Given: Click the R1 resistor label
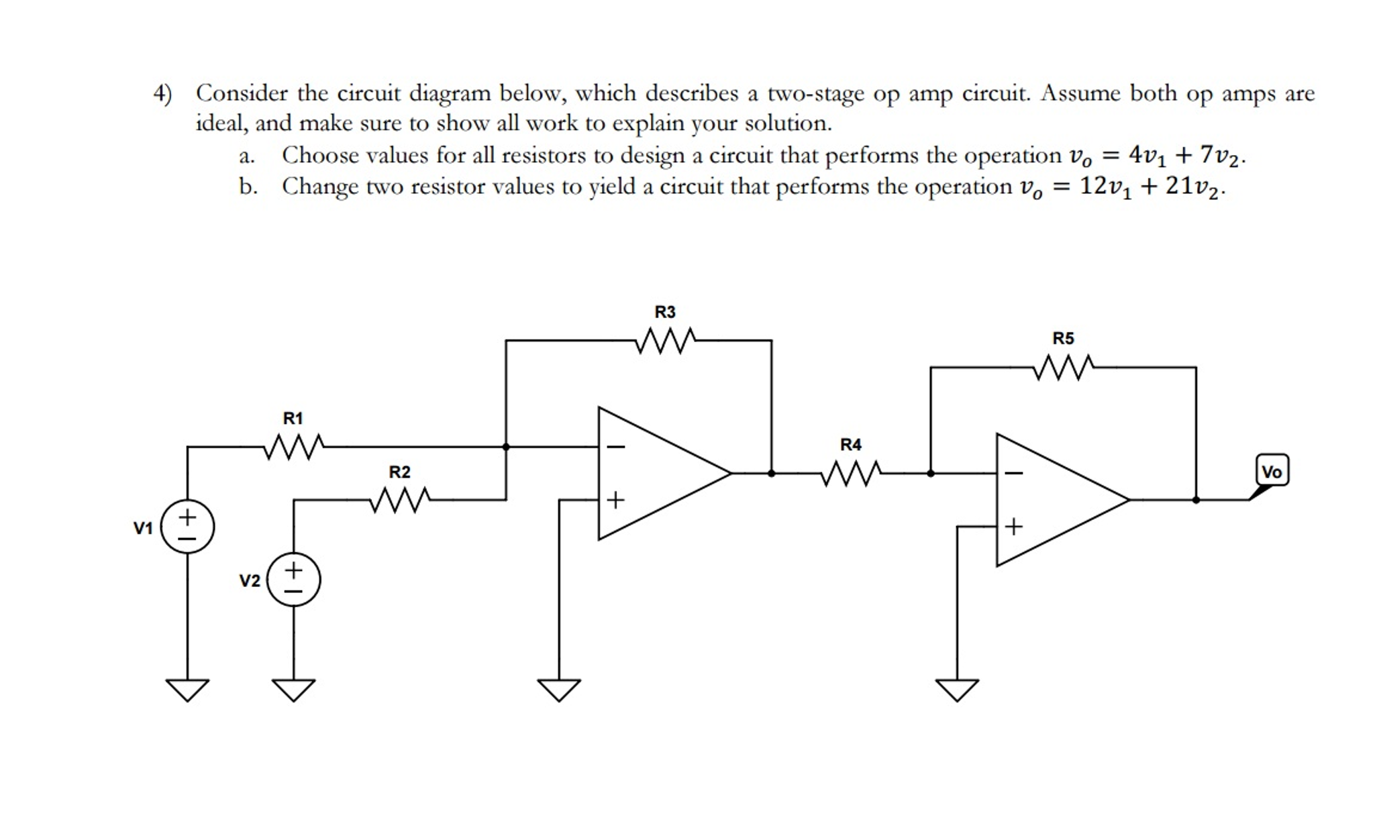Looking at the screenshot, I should click(293, 419).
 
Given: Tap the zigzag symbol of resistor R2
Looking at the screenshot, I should click(399, 500).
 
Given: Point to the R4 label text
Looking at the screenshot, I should click(850, 445).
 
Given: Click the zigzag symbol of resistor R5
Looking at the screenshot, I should click(1063, 368).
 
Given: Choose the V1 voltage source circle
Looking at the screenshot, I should click(187, 527).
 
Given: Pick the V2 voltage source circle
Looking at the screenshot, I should click(293, 580).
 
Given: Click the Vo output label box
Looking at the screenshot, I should click(1272, 471).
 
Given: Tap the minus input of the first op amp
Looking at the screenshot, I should click(616, 447).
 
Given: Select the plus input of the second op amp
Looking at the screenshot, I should click(1013, 527).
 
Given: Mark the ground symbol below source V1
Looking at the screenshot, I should click(187, 690).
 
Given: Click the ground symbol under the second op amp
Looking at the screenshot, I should click(957, 690).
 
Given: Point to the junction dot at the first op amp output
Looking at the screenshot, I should click(771, 473).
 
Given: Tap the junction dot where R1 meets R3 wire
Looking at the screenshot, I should click(506, 447).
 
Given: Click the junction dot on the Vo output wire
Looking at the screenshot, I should click(1196, 500).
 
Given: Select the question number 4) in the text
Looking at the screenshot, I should click(162, 93).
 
